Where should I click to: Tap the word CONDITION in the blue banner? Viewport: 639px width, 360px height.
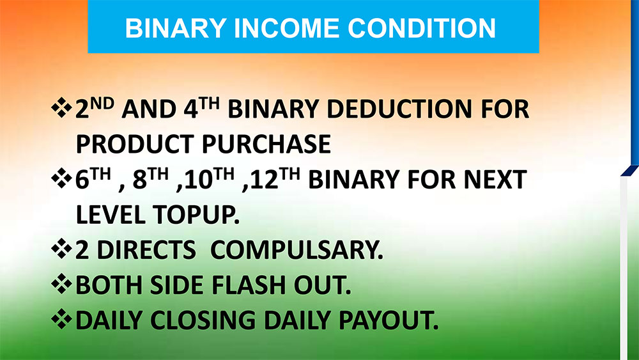click(421, 28)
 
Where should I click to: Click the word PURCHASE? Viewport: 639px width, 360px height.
click(266, 144)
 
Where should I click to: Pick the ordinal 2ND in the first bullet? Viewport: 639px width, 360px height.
click(95, 108)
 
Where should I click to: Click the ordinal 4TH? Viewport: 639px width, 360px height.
click(201, 108)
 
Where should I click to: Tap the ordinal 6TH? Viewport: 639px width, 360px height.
click(93, 178)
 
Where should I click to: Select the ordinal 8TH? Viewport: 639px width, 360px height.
click(150, 178)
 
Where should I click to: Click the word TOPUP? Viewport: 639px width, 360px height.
click(196, 214)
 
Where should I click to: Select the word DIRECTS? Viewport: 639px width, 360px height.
click(146, 249)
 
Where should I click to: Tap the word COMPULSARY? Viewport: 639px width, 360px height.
click(296, 249)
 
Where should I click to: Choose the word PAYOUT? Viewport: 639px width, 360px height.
click(389, 320)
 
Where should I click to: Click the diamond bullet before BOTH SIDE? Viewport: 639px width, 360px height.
click(61, 284)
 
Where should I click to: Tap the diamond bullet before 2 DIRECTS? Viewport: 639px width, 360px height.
click(61, 249)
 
